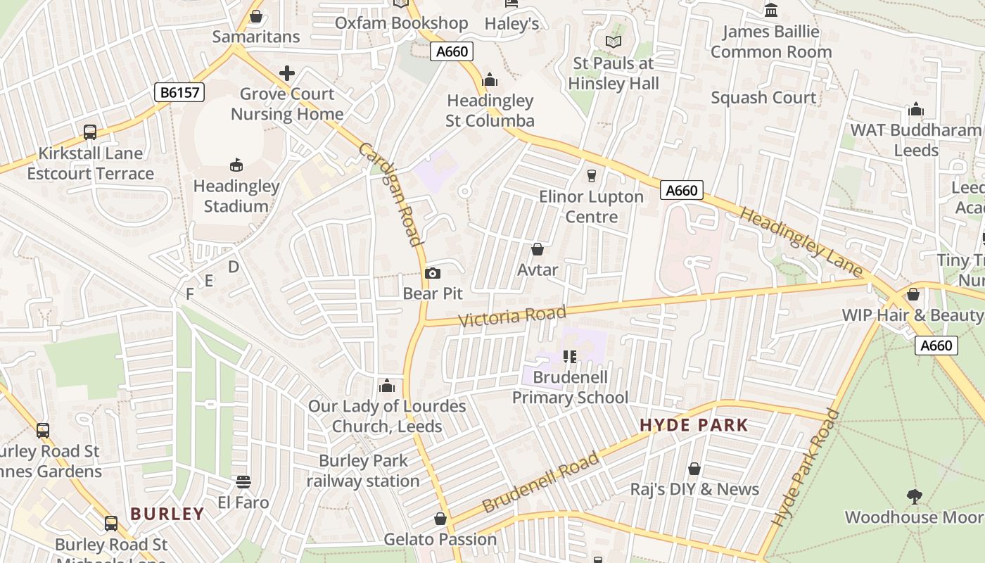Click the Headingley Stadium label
pyautogui.click(x=236, y=196)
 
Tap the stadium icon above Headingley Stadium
pyautogui.click(x=236, y=165)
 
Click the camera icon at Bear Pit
pyautogui.click(x=433, y=273)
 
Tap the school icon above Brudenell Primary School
pyautogui.click(x=570, y=357)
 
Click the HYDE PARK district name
pyautogui.click(x=694, y=425)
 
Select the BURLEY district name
pyautogui.click(x=167, y=514)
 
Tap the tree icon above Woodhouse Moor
pyautogui.click(x=914, y=496)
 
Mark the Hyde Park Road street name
pyautogui.click(x=806, y=467)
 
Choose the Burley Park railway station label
pyautogui.click(x=363, y=471)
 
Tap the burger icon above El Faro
pyautogui.click(x=243, y=482)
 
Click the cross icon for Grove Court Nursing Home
pyautogui.click(x=287, y=73)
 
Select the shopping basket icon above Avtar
pyautogui.click(x=538, y=249)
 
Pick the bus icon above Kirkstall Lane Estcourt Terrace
pyautogui.click(x=90, y=132)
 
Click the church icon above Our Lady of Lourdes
pyautogui.click(x=386, y=386)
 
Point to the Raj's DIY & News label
pyautogui.click(x=694, y=489)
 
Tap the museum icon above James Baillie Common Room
pyautogui.click(x=771, y=11)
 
